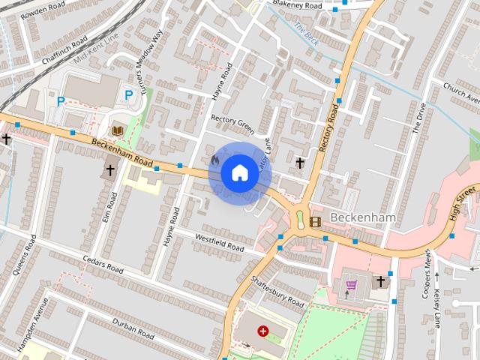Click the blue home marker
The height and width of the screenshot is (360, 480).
click(238, 172)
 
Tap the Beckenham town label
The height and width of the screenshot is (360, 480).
click(363, 217)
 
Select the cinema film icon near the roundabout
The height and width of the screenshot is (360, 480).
click(314, 220)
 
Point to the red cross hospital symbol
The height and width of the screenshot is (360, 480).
click(263, 331)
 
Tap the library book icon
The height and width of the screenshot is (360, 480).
click(117, 130)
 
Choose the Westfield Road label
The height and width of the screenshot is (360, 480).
click(220, 243)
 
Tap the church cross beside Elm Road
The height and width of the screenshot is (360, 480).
click(109, 169)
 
